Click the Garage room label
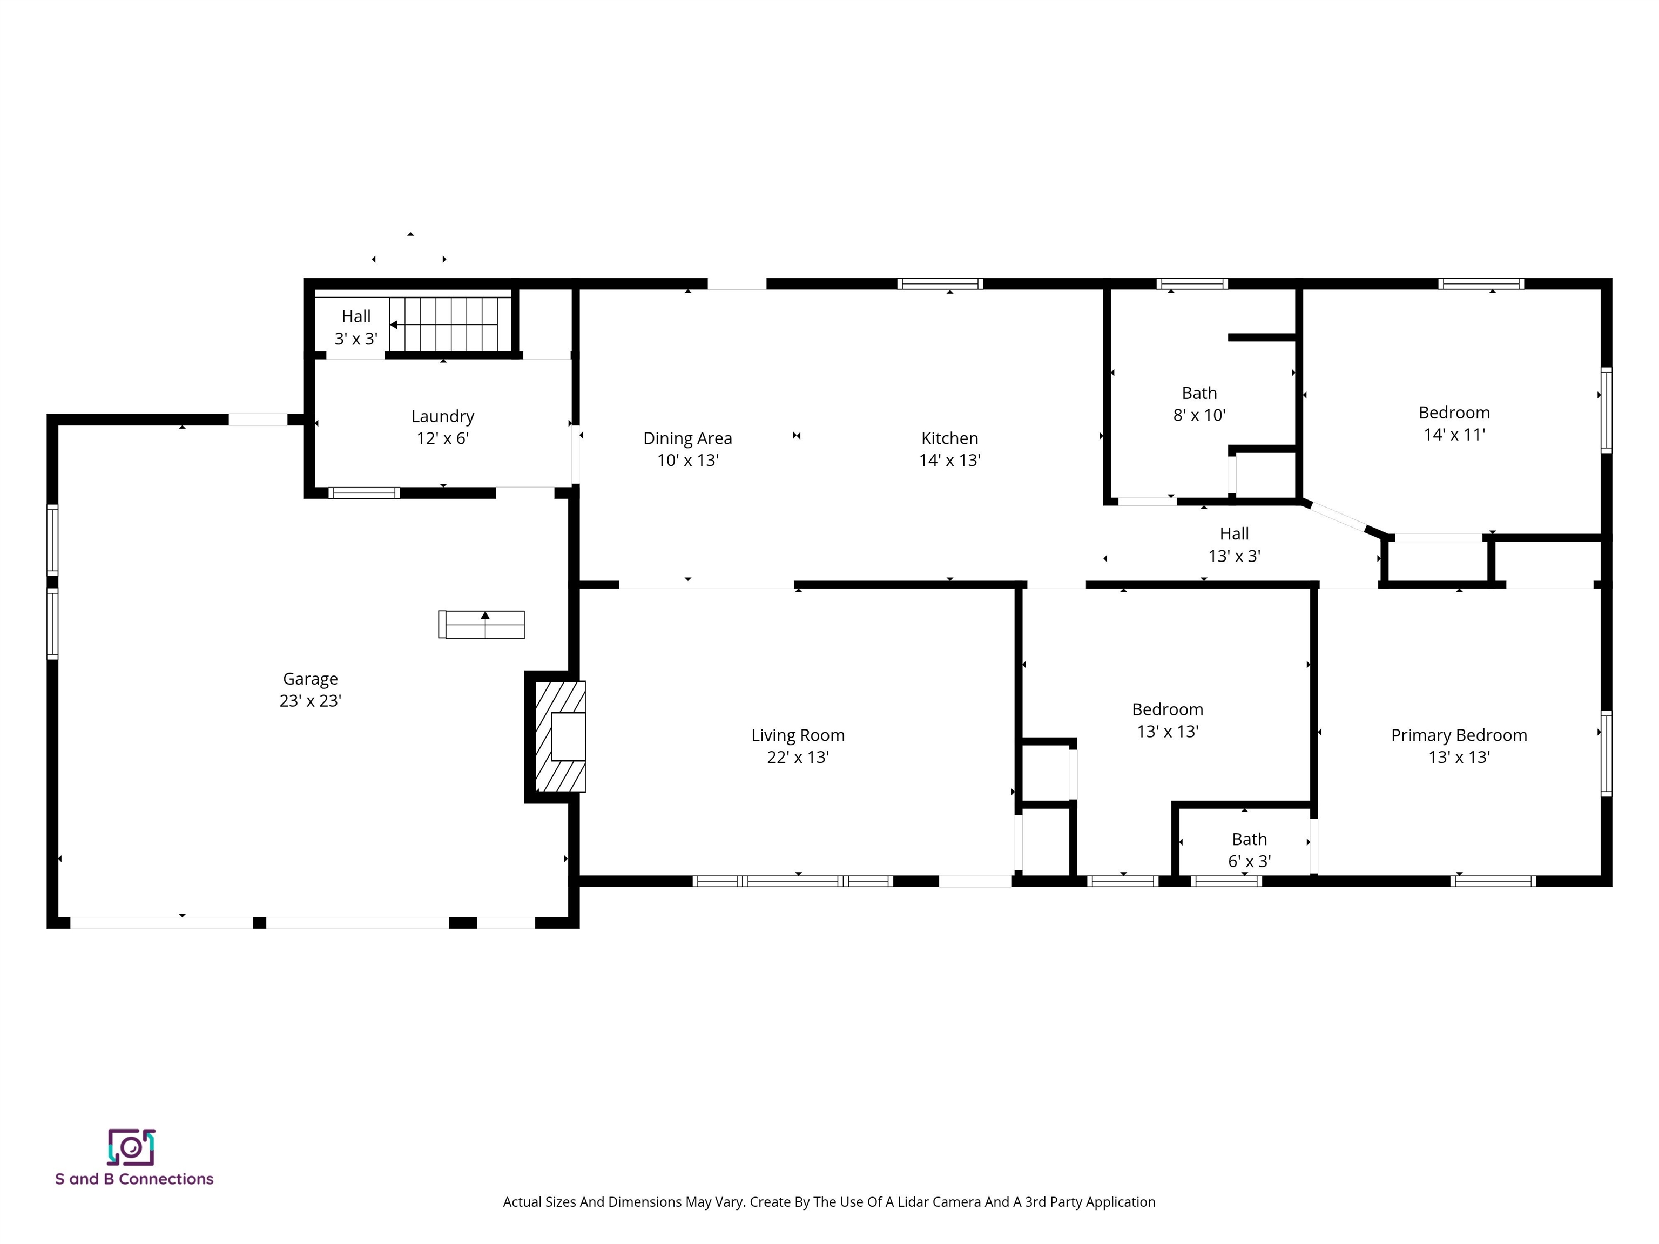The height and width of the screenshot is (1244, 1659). point(310,679)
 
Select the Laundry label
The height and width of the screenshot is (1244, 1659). point(442,416)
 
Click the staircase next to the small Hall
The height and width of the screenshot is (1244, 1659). point(450,324)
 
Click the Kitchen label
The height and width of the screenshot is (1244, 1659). point(949,438)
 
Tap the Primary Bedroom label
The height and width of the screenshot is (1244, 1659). point(1458,735)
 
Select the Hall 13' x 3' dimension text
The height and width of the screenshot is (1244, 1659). point(1234,556)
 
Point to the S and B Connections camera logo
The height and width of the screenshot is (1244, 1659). point(131,1147)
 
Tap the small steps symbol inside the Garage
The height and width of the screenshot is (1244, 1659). point(482,625)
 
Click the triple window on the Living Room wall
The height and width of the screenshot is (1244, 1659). point(793,881)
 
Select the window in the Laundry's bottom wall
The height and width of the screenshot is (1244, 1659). point(364,492)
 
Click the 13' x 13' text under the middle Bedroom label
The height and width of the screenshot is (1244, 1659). point(1167,732)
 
